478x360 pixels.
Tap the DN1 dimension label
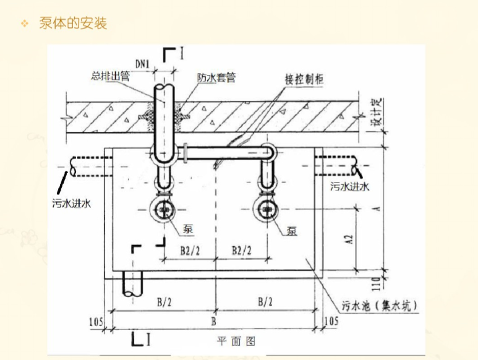[143, 62]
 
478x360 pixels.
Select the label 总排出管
[110, 77]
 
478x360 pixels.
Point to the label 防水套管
[216, 77]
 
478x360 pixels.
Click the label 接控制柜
[305, 79]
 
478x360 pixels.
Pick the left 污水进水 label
[72, 203]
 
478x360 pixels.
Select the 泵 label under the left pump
[188, 229]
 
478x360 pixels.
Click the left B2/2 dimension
[190, 250]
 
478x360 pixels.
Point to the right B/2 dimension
[265, 301]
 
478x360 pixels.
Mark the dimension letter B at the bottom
[214, 322]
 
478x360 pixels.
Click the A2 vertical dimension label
[348, 240]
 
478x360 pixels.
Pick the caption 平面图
[236, 341]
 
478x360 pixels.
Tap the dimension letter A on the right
[376, 208]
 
